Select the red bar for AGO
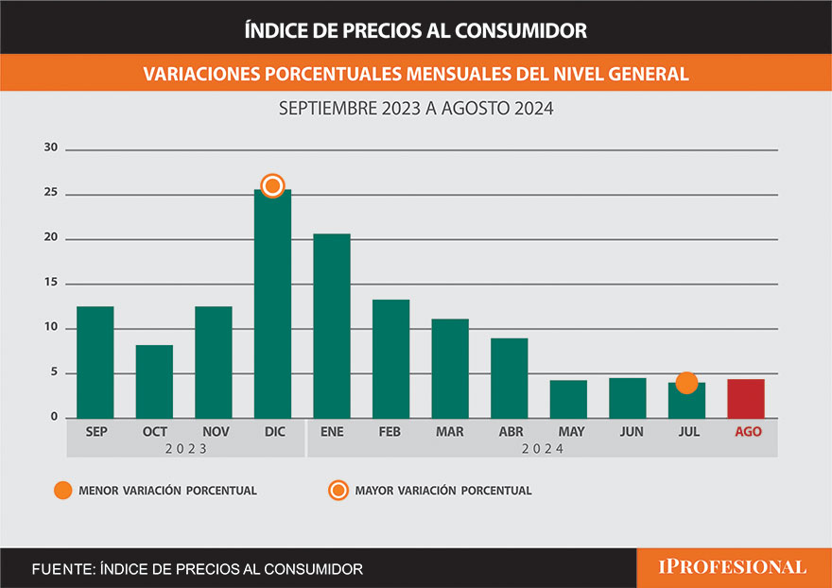[x=745, y=398]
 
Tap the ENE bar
[x=332, y=326]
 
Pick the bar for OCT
[x=154, y=382]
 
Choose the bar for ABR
[x=509, y=378]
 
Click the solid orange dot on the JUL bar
[x=686, y=383]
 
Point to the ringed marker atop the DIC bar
[x=272, y=186]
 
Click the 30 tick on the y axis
[x=51, y=148]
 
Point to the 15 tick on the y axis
[x=51, y=283]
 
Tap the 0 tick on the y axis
[x=54, y=417]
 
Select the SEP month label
[x=95, y=432]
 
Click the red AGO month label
[x=746, y=432]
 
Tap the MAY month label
[x=571, y=432]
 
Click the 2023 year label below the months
[x=185, y=449]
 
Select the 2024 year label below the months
[x=542, y=449]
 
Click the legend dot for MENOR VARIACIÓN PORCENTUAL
[x=62, y=491]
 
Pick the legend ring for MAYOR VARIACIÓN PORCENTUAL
[x=337, y=491]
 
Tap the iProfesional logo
[x=733, y=567]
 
